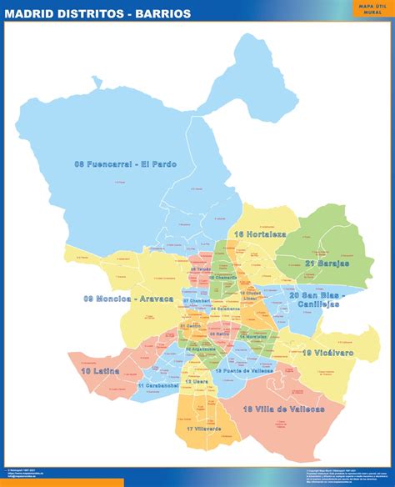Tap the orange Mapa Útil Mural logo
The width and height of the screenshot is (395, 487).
[371, 10]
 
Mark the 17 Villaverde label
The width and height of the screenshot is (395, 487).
[204, 429]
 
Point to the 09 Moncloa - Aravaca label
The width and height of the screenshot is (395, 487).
[128, 298]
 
